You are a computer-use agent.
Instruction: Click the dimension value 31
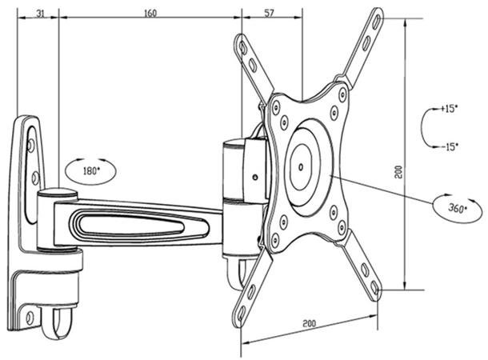click(x=38, y=13)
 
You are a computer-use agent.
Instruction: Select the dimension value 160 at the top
click(x=150, y=13)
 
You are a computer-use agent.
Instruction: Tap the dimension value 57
click(x=270, y=13)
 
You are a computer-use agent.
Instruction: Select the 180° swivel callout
click(x=90, y=170)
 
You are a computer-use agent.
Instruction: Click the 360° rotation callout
click(x=457, y=208)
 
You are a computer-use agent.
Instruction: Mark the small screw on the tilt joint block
click(x=254, y=177)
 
